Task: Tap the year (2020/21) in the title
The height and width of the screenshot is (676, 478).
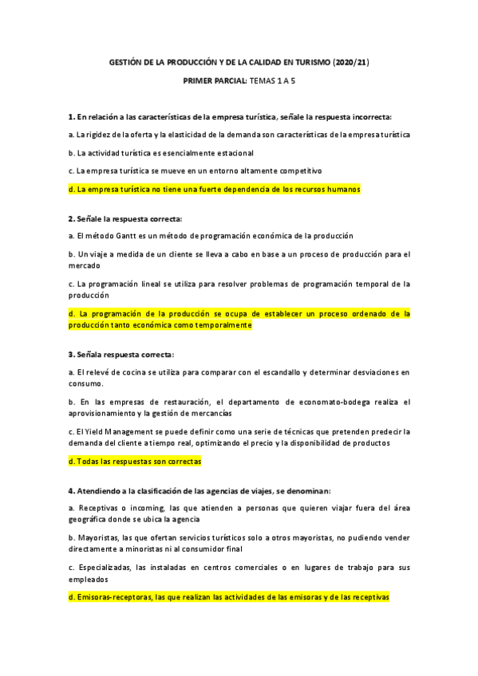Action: point(352,61)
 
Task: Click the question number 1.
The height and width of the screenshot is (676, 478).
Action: point(71,116)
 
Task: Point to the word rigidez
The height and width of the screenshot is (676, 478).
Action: point(99,135)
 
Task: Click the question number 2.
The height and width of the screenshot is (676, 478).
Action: point(71,218)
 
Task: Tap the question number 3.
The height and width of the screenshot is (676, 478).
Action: point(71,353)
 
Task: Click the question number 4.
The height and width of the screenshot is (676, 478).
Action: point(71,489)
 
